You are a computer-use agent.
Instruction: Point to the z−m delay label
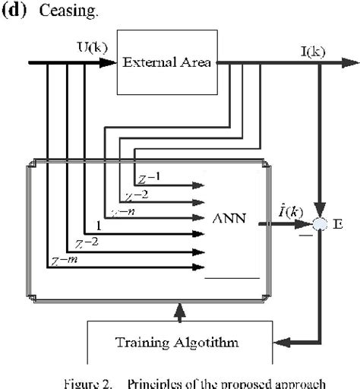pos(65,260)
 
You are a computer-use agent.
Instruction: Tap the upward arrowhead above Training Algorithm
pos(178,308)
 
